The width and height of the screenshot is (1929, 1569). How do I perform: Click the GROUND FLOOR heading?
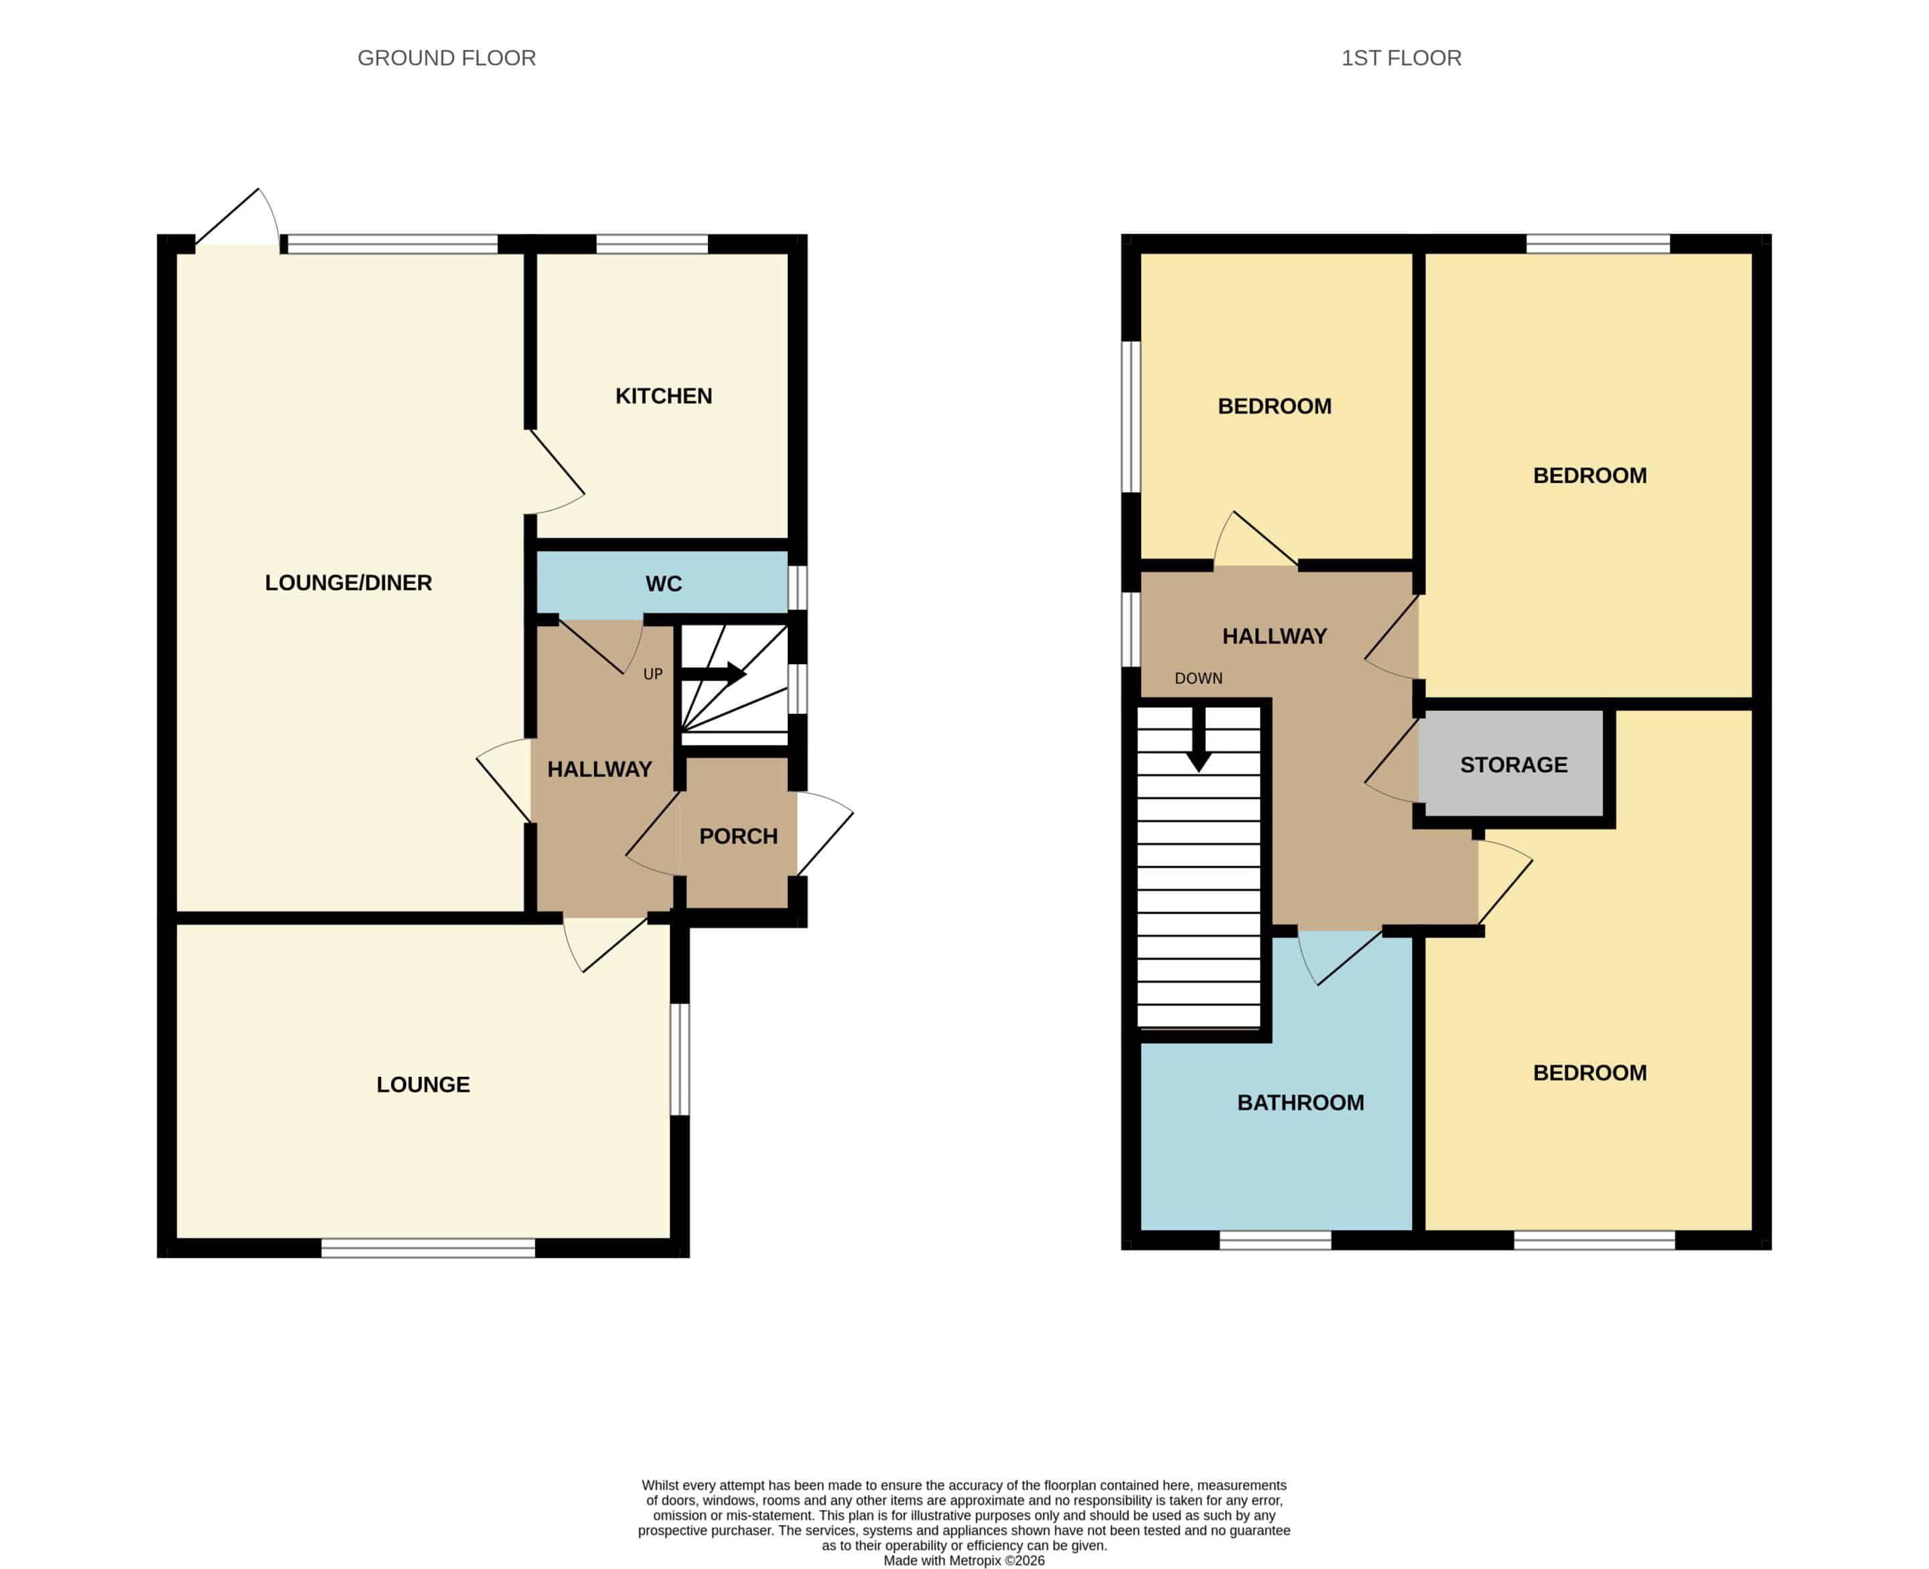click(x=447, y=58)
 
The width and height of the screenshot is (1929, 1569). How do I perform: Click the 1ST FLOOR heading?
click(x=1401, y=58)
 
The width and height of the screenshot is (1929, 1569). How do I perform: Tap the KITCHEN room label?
click(x=664, y=396)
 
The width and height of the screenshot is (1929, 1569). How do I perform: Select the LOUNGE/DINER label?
click(x=348, y=583)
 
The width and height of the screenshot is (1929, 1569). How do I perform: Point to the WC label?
click(x=664, y=584)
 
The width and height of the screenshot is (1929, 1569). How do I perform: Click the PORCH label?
click(x=739, y=836)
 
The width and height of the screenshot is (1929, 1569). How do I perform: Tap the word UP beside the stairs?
click(x=652, y=674)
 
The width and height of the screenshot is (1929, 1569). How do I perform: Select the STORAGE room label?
click(x=1514, y=765)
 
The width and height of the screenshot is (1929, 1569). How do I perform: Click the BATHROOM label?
click(x=1301, y=1103)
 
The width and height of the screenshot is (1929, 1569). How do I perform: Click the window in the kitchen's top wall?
click(x=652, y=244)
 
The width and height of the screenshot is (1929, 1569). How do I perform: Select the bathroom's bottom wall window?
click(x=1275, y=1240)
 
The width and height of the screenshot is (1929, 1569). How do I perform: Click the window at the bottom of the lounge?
click(x=429, y=1248)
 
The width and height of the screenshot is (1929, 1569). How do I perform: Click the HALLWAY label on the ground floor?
click(x=599, y=769)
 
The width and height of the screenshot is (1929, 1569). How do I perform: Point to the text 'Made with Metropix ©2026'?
click(x=964, y=1560)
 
